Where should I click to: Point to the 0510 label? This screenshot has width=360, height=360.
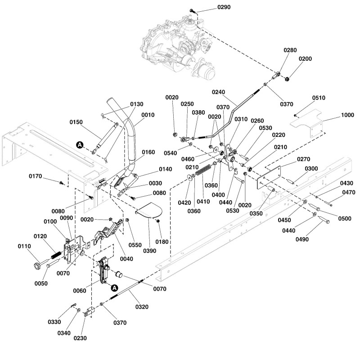click(x=319, y=98)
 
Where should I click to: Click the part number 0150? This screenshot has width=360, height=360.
click(x=77, y=122)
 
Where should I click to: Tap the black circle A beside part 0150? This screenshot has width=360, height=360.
click(x=80, y=144)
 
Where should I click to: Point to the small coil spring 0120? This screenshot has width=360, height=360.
click(x=54, y=255)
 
